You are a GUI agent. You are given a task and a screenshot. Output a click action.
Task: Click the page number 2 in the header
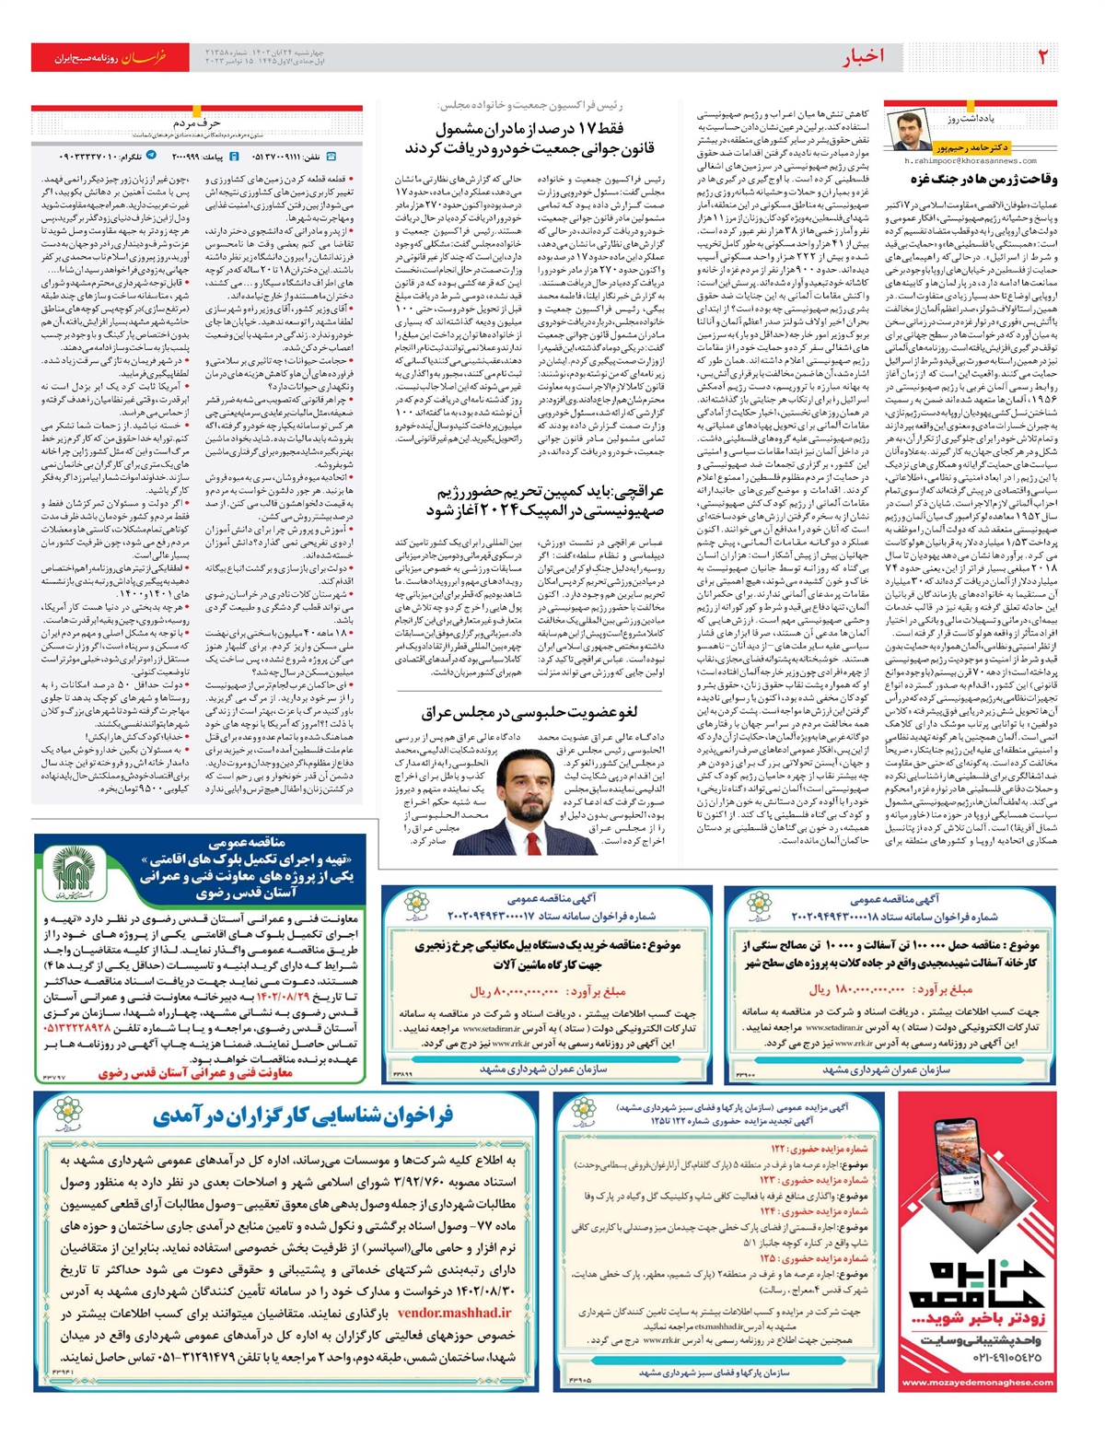(x=1042, y=57)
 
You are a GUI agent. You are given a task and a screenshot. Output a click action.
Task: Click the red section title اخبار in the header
(x=863, y=57)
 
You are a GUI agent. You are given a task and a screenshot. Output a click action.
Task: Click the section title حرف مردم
(x=196, y=123)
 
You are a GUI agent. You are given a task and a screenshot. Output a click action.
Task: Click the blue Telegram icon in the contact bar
(x=151, y=157)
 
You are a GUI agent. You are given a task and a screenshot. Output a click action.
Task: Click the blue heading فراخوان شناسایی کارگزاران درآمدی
(x=303, y=1116)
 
